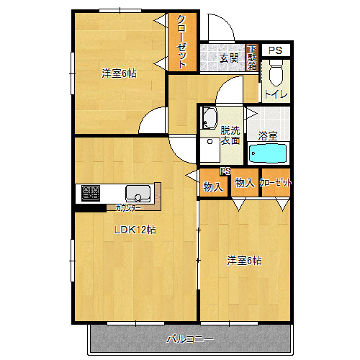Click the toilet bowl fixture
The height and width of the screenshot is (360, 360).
pos(276,73)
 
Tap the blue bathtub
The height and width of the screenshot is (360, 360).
pos(268,153)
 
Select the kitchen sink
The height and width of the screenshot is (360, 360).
pos(138,194)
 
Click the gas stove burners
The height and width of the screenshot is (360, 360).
pos(91,193)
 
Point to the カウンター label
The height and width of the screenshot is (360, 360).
pos(128,208)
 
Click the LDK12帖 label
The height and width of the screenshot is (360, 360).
pos(135,230)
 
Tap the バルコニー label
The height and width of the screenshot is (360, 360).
pos(190,339)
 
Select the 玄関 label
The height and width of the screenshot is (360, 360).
pos(229,58)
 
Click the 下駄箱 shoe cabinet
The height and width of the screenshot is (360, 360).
pos(252,58)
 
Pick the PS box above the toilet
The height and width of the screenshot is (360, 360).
pos(276,50)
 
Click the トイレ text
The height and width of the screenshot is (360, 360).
pos(276,94)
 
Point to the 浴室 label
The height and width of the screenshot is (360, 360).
pos(268,136)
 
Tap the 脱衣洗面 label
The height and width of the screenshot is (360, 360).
pos(230,135)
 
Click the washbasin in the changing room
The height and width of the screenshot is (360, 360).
pos(210,118)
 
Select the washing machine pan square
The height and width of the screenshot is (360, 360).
pos(210,150)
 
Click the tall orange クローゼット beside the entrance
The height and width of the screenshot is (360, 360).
pos(183,42)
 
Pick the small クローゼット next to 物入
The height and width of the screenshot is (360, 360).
pos(276,183)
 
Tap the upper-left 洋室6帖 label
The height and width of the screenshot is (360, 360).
pos(119,73)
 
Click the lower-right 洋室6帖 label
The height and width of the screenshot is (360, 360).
pos(244,261)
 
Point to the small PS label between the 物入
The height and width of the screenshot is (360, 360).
pos(225,171)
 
